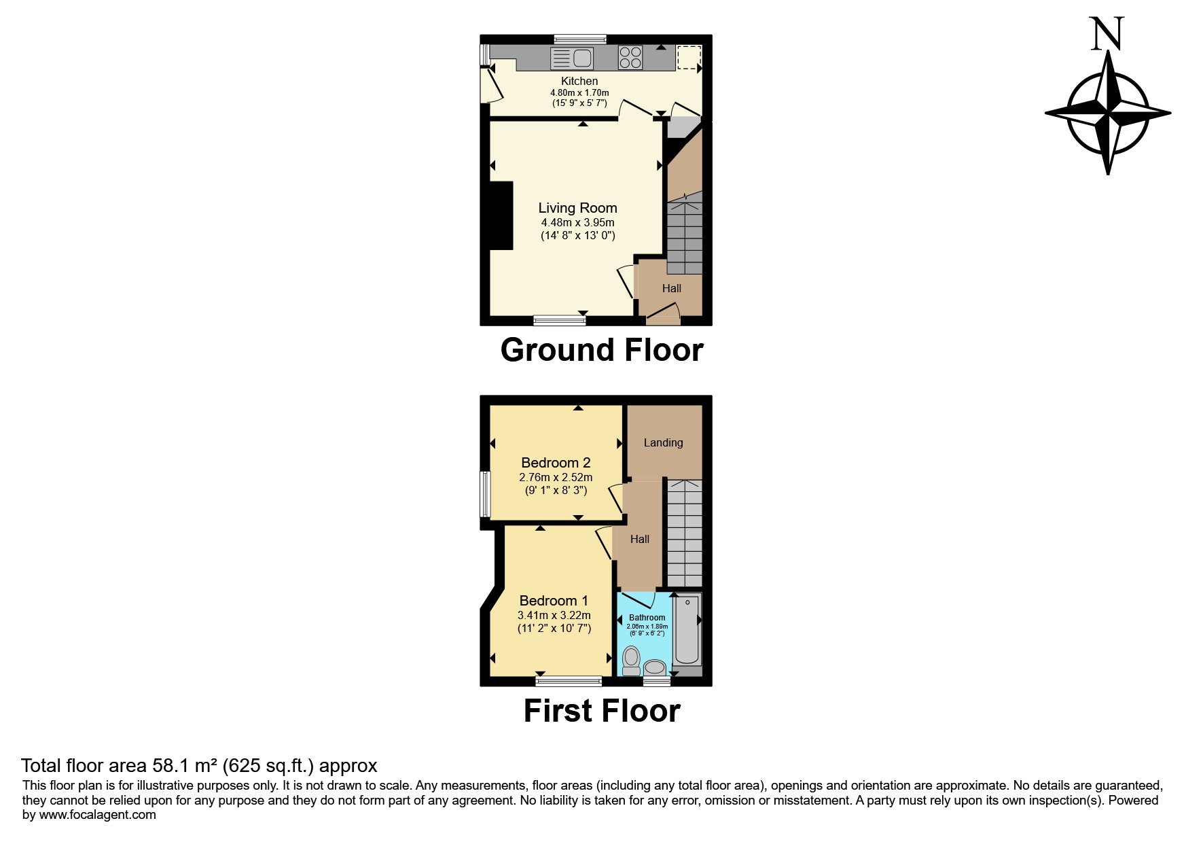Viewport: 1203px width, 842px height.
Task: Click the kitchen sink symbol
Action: pos(572,58)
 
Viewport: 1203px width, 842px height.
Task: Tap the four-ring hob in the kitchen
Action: pos(630,57)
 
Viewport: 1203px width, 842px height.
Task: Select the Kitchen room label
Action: pos(579,81)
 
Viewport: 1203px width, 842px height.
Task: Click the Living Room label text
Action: pos(577,208)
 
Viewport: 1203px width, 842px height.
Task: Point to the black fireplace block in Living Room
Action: pos(501,216)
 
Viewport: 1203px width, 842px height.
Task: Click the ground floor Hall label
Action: pos(671,288)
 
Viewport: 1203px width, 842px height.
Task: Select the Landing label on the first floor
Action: pos(663,442)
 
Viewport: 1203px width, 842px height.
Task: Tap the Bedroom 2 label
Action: pos(556,462)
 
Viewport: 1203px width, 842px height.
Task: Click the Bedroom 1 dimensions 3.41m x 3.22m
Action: pos(554,615)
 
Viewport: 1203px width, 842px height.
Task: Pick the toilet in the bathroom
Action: pos(631,660)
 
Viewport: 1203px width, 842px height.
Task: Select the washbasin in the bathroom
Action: pos(655,668)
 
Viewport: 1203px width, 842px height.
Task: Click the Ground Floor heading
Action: pos(602,351)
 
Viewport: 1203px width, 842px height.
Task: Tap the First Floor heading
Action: pos(602,712)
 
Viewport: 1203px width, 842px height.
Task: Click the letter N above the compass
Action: pos(1107,34)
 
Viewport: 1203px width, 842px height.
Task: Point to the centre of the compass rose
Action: pos(1108,112)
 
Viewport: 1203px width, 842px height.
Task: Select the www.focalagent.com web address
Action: pos(97,815)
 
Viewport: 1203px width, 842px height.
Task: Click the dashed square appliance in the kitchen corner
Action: pos(689,57)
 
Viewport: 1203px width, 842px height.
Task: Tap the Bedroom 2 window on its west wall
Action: pos(485,494)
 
